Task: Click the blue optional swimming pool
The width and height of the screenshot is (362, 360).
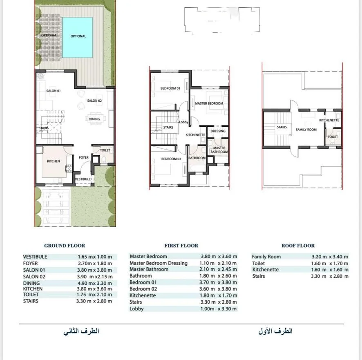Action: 78,38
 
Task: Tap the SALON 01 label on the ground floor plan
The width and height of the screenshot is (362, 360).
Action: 54,91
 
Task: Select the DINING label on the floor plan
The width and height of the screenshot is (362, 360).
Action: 94,119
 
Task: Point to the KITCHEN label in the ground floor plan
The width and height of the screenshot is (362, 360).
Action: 54,161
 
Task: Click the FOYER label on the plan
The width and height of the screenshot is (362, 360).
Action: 84,157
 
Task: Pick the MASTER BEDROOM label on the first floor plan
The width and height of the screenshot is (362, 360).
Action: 209,103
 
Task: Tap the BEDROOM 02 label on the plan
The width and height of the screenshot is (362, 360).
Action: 171,159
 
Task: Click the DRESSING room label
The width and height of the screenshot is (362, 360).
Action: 218,131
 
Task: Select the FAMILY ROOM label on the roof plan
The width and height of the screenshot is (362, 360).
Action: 306,130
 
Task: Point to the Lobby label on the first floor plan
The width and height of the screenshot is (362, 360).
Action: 184,122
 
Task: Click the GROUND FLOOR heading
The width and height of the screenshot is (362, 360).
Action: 65,246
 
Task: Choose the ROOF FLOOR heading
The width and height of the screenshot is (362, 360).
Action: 298,246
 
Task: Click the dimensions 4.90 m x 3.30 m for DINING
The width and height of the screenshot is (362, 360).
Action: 95,283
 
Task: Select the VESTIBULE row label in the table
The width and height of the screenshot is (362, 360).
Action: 35,257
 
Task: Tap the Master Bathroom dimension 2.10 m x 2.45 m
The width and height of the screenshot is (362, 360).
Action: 218,269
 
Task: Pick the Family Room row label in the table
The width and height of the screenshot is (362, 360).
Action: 266,257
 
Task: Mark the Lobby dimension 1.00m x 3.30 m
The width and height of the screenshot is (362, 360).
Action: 219,309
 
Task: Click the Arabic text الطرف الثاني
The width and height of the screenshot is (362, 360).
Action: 81,331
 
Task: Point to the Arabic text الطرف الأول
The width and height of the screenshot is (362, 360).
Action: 275,331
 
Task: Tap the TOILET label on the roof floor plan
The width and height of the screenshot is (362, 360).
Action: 333,137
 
